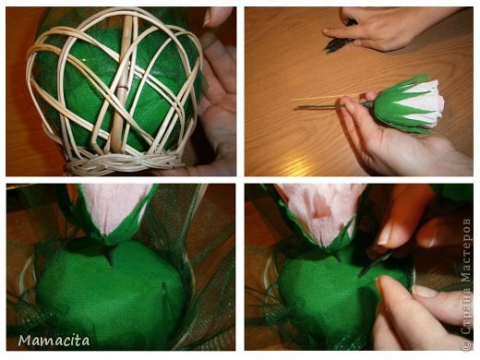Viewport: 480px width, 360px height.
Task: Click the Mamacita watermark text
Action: click(54, 341)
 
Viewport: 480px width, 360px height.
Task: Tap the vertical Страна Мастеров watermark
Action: click(466, 276)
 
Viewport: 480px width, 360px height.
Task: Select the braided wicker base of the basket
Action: click(123, 162)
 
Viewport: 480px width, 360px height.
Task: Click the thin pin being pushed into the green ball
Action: click(374, 264)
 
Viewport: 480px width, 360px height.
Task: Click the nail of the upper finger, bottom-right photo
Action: click(384, 236)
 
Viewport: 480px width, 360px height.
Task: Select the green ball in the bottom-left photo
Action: click(113, 295)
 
